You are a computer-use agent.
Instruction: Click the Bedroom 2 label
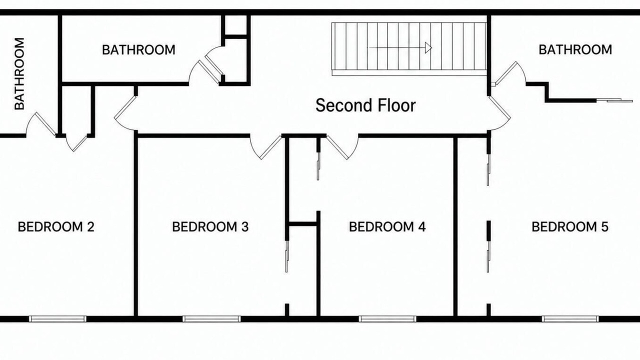tap(56, 227)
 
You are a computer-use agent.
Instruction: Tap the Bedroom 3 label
tap(210, 227)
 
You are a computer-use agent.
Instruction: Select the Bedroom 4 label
tap(387, 227)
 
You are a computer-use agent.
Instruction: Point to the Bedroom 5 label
tap(570, 227)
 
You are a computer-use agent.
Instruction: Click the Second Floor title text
tap(365, 105)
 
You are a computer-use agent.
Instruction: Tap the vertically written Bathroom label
tap(19, 73)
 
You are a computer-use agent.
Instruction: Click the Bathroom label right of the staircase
tap(575, 49)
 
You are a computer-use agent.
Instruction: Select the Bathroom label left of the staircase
tap(138, 49)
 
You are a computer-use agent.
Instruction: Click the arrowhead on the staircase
tap(428, 47)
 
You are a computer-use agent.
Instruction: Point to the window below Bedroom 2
tap(57, 319)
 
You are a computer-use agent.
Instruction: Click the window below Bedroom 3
tap(211, 319)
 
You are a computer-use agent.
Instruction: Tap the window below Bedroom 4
tap(387, 319)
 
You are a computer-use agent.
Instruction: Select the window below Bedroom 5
tap(570, 319)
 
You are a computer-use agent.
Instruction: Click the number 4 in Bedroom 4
tap(421, 227)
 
